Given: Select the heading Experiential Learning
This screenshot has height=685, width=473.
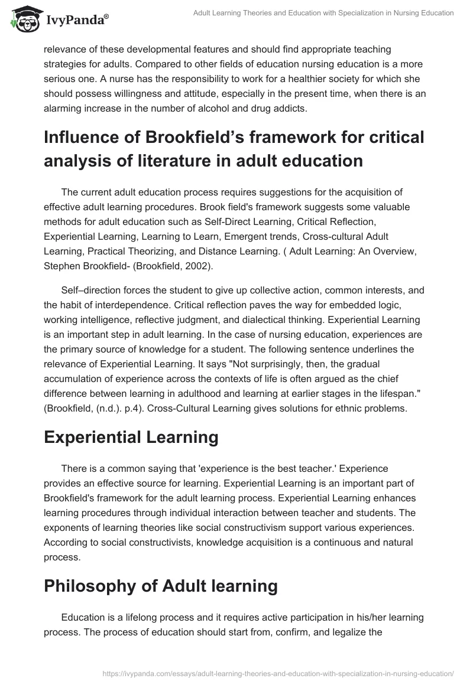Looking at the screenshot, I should tap(131, 437).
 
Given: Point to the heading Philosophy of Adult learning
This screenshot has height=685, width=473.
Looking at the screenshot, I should tap(161, 569).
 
